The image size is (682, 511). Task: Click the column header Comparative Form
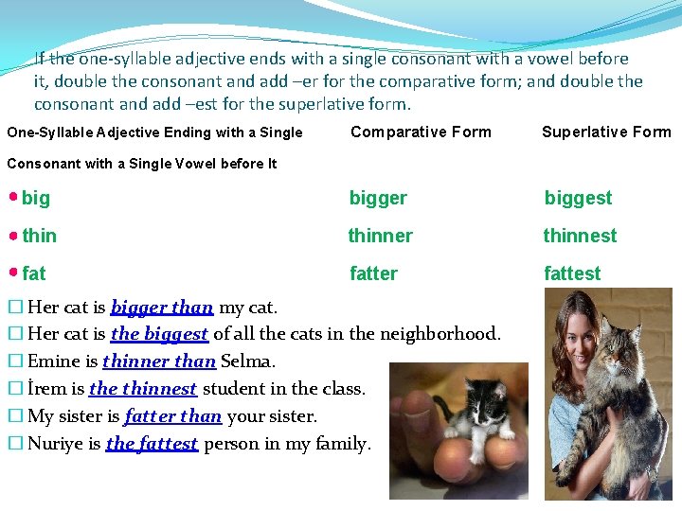pos(421,132)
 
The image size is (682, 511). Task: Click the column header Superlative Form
pos(606,132)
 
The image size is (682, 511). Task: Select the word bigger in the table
pos(378,198)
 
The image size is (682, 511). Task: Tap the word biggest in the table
pos(578,198)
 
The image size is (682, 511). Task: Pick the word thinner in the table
pos(380,236)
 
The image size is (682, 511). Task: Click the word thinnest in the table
pos(580,236)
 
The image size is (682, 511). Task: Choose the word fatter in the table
pos(373,273)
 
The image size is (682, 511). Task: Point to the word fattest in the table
pos(572,273)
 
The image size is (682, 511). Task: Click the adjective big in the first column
pos(36,198)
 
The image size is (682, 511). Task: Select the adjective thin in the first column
pos(40,236)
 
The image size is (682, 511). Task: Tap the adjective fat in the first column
pos(34,273)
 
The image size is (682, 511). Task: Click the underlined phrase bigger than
pos(162,307)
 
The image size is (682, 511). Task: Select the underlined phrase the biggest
pos(159,334)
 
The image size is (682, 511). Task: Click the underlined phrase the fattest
pos(152,444)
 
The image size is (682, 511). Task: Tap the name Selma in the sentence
pos(248,361)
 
